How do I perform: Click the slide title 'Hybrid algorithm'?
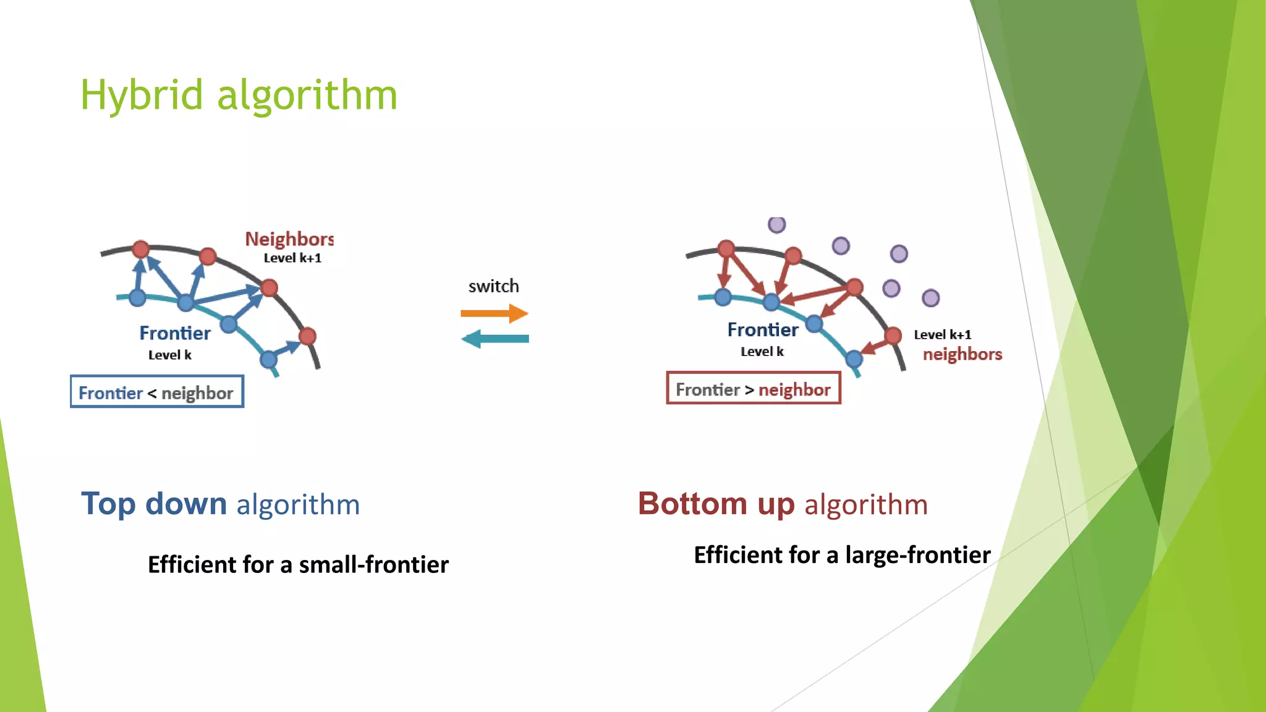(x=239, y=96)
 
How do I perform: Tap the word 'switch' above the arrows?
(x=493, y=286)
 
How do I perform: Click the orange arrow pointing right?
(x=495, y=313)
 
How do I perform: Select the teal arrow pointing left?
(x=495, y=339)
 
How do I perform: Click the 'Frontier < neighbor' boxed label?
(x=157, y=392)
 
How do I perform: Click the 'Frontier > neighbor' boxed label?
(x=754, y=388)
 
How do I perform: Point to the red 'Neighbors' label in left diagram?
(x=289, y=239)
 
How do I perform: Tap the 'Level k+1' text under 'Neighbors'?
(x=292, y=258)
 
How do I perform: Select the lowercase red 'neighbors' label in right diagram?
(x=962, y=354)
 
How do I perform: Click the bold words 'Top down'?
(x=154, y=503)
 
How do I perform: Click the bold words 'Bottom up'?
(x=716, y=503)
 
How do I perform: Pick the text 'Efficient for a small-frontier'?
(x=298, y=564)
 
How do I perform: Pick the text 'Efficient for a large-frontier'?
(x=842, y=554)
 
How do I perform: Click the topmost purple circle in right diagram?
(x=776, y=224)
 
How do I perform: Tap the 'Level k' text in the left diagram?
(x=169, y=355)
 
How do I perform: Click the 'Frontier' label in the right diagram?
(x=762, y=329)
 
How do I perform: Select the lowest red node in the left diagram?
(x=307, y=336)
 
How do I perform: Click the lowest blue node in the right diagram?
(x=854, y=358)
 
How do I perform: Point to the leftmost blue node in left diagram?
(x=137, y=298)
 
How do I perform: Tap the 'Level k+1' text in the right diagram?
(x=942, y=334)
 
